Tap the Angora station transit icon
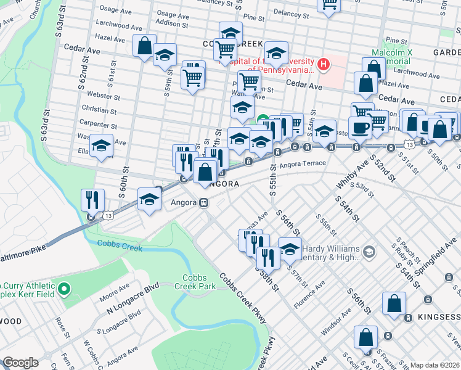(202, 202)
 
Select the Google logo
(20, 363)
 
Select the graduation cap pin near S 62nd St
(102, 146)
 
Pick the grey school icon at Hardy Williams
(369, 251)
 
